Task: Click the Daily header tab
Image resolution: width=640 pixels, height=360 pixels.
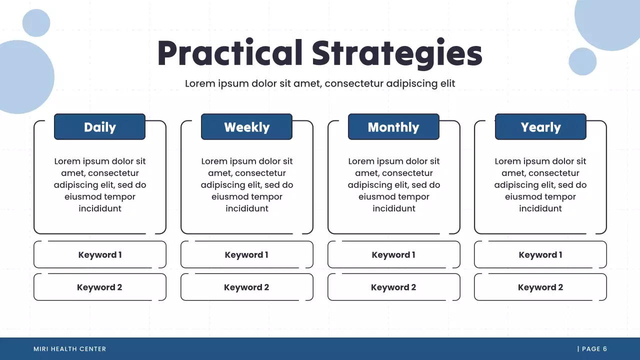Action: point(99,127)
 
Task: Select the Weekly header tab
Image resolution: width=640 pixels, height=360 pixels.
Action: point(246,127)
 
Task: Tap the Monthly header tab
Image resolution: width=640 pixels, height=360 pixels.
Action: point(393,127)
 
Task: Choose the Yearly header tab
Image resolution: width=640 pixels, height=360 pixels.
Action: point(540,127)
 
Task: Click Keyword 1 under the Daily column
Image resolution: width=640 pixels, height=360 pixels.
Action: point(99,254)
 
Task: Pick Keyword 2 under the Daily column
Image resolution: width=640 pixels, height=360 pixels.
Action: point(99,287)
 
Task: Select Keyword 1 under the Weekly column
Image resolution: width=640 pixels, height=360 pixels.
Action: point(247,254)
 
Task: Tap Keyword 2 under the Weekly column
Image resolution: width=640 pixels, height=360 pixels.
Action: point(247,287)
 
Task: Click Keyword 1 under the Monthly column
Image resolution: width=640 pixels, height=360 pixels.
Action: point(393,254)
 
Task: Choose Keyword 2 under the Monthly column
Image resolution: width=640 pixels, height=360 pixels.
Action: point(393,287)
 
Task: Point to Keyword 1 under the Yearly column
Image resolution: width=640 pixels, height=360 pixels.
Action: point(540,254)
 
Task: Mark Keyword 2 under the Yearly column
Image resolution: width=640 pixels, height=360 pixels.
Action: point(540,287)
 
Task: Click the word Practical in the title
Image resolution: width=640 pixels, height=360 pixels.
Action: point(230,53)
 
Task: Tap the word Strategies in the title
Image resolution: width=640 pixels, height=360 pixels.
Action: point(397,54)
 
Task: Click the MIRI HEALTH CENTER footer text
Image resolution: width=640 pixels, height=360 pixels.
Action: point(69,349)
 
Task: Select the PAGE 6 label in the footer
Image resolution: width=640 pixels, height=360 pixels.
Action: point(594,349)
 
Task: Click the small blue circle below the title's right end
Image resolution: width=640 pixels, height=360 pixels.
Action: point(582,61)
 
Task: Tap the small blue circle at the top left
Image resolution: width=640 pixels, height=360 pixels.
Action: point(36,23)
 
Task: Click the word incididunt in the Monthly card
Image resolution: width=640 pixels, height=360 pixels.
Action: point(393,208)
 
